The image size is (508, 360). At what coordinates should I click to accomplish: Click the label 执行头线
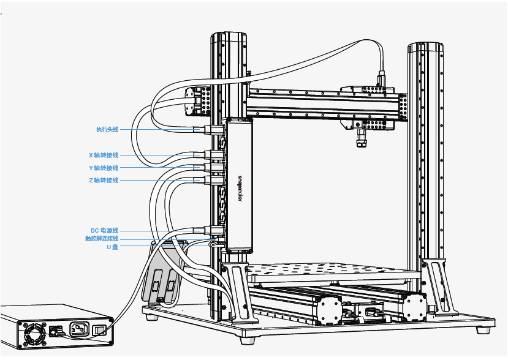tap(107, 130)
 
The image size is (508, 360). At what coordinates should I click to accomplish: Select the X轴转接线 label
tap(104, 156)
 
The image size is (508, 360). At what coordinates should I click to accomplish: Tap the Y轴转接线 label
tap(104, 168)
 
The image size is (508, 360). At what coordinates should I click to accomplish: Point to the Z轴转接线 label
tap(104, 181)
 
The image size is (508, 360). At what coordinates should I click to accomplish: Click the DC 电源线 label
tap(104, 231)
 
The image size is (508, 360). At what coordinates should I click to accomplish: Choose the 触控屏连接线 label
tap(102, 239)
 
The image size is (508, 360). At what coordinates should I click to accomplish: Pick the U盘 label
tap(112, 247)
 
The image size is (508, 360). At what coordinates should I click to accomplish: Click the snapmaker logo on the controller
tap(240, 189)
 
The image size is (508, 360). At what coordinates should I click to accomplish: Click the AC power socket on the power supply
tap(79, 328)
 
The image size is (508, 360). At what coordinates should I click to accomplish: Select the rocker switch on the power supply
tap(99, 330)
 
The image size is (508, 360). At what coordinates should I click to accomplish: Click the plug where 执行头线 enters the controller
tap(213, 130)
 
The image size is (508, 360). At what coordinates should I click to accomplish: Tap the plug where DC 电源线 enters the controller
tap(213, 230)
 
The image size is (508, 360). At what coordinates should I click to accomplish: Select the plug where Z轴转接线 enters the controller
tap(213, 181)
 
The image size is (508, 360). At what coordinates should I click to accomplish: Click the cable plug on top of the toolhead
tap(381, 80)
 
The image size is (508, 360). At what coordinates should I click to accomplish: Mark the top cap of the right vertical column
tap(425, 47)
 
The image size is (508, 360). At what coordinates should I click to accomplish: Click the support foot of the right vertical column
tap(439, 287)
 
